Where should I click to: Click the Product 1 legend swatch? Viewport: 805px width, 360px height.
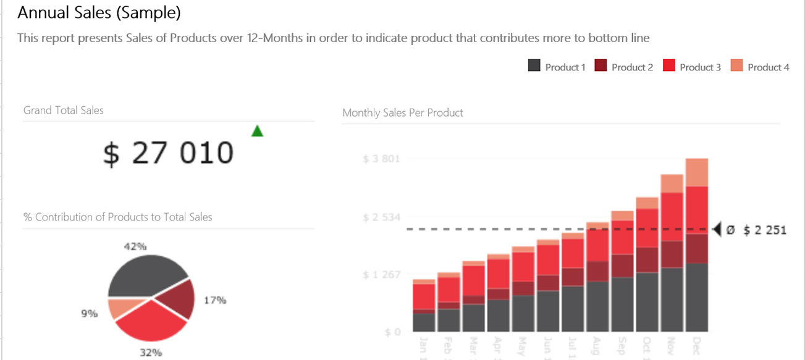pos(534,65)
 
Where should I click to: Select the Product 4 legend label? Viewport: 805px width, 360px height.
pos(768,67)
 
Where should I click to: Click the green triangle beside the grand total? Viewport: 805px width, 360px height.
pos(258,131)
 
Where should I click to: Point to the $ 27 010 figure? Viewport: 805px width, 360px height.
pos(168,153)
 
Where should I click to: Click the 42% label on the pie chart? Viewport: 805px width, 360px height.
pos(135,246)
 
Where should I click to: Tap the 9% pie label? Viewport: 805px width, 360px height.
pos(90,314)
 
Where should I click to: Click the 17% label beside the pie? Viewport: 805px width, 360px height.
pos(215,301)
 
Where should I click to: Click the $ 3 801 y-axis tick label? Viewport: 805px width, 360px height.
pos(381,159)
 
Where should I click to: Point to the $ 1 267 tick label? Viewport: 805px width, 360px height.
pos(381,274)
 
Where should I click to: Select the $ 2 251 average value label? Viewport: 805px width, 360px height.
pos(765,230)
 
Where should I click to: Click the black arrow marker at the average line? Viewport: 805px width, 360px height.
pos(717,230)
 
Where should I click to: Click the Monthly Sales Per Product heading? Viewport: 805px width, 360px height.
pos(402,113)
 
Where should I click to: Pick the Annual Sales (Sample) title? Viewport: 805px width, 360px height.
pos(99,12)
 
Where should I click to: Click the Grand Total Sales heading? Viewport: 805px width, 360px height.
pos(64,111)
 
